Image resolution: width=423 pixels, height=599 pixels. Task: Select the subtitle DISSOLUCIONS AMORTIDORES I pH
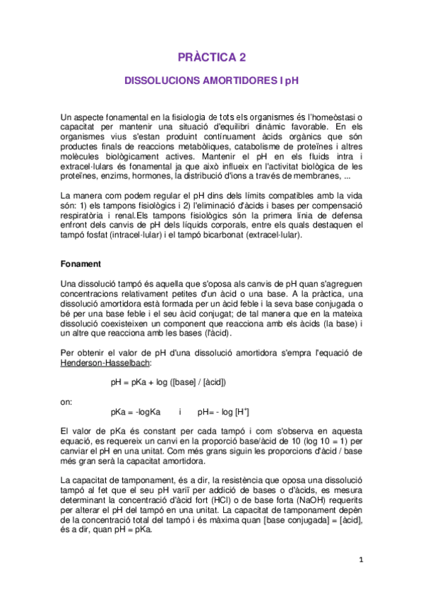coord(211,81)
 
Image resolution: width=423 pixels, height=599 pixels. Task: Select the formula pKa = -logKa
coord(136,411)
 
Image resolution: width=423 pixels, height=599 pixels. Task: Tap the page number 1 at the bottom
coord(359,560)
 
